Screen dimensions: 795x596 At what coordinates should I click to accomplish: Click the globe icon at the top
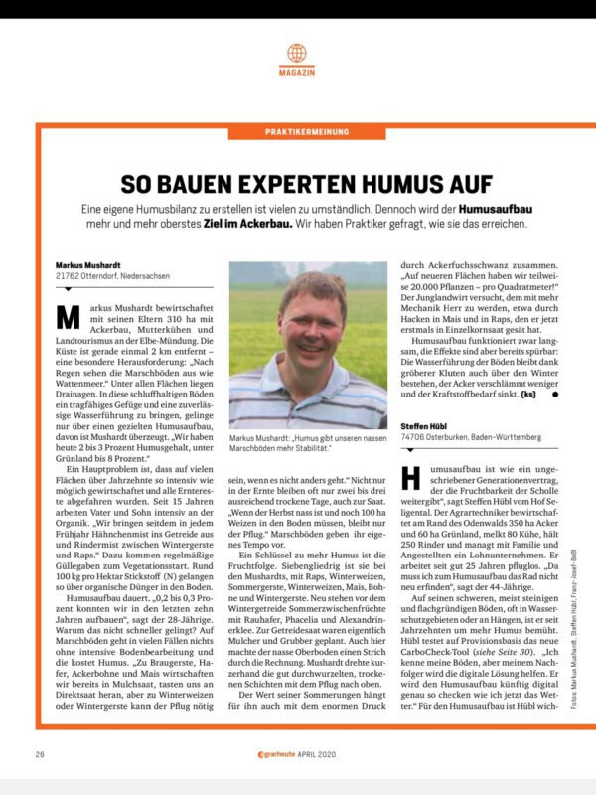click(x=297, y=52)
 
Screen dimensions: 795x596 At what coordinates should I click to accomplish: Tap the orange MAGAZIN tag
click(x=297, y=74)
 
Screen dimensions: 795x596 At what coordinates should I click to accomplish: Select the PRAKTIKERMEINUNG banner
click(x=297, y=132)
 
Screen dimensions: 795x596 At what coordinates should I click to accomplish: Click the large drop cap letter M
click(x=68, y=317)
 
